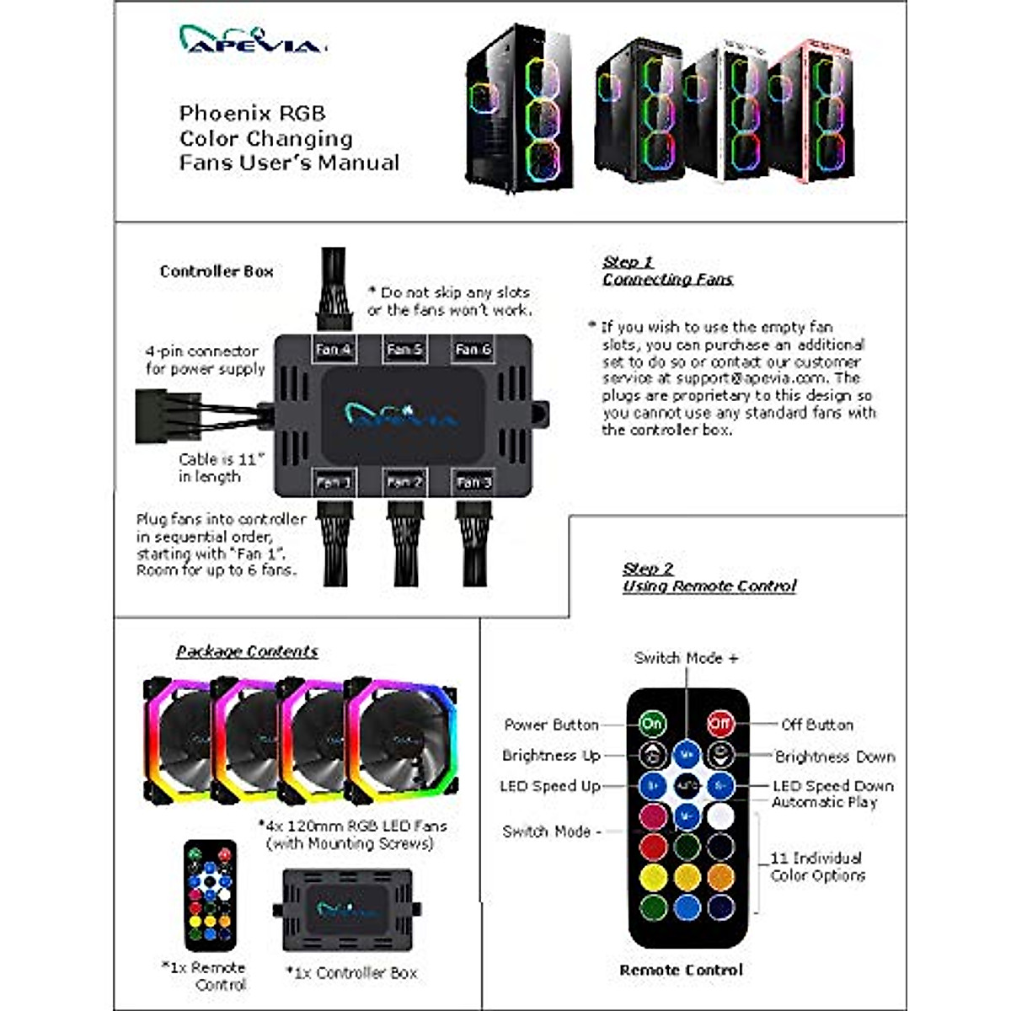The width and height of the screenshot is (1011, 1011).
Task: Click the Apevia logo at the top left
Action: pyautogui.click(x=251, y=40)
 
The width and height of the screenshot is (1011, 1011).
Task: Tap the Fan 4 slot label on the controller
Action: pyautogui.click(x=333, y=349)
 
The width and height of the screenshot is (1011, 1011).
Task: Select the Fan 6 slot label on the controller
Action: pyautogui.click(x=473, y=349)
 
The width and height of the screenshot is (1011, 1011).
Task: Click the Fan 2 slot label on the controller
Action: pyautogui.click(x=404, y=482)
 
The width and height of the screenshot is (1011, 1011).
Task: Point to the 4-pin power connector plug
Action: pyautogui.click(x=157, y=415)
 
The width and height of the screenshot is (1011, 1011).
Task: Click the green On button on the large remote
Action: pyautogui.click(x=652, y=723)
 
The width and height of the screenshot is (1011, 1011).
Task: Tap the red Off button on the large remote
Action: pyautogui.click(x=719, y=723)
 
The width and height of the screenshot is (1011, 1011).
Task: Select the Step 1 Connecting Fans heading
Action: pyautogui.click(x=667, y=270)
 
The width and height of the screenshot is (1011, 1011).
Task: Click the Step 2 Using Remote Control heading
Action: pyautogui.click(x=709, y=577)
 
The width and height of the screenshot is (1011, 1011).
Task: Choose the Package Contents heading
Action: pyautogui.click(x=247, y=651)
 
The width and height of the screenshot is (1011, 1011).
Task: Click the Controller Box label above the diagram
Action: pyautogui.click(x=217, y=271)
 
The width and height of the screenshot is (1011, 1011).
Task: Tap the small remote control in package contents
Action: pyautogui.click(x=210, y=896)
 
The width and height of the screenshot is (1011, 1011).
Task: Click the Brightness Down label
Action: pyautogui.click(x=835, y=757)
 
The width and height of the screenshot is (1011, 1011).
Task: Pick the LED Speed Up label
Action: pyautogui.click(x=549, y=786)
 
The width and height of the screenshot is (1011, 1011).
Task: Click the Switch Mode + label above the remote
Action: pyautogui.click(x=686, y=658)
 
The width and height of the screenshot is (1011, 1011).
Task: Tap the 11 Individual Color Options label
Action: pyautogui.click(x=817, y=867)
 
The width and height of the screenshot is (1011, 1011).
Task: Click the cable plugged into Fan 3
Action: pyautogui.click(x=473, y=543)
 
